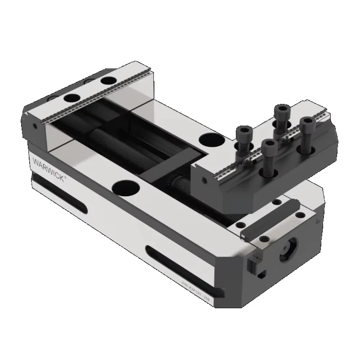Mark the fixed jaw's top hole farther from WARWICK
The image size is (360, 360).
tap(108, 81)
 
